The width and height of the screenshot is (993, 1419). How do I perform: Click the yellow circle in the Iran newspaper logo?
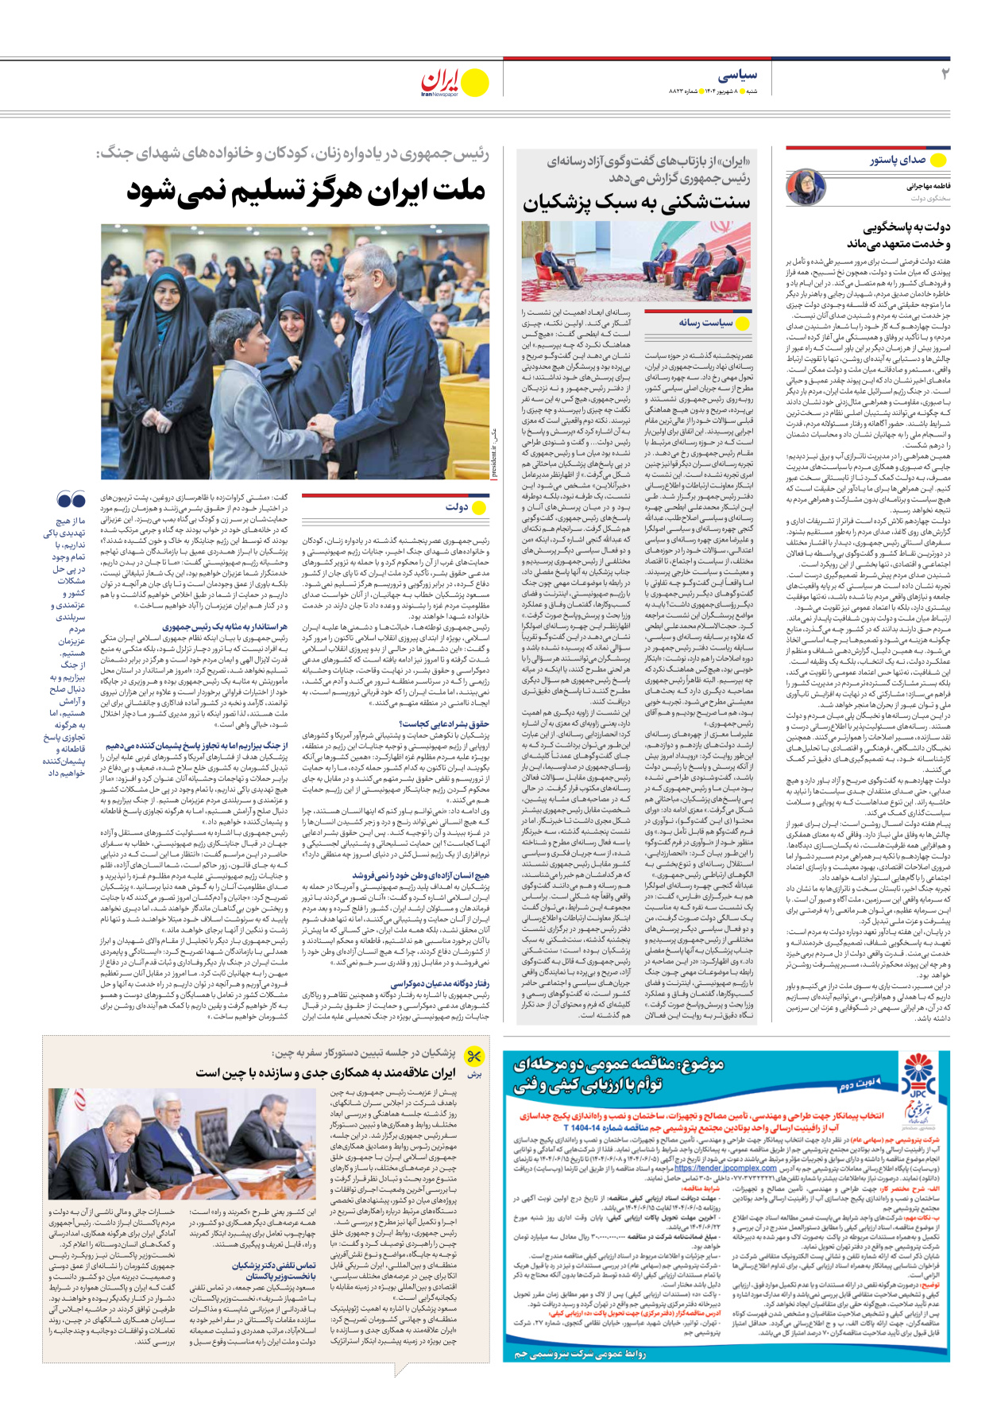click(x=475, y=82)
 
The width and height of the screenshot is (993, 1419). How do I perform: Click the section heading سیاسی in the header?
click(x=738, y=75)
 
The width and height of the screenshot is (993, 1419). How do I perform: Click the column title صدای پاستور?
click(x=897, y=160)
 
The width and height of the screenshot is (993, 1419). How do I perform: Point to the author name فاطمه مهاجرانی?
click(x=929, y=186)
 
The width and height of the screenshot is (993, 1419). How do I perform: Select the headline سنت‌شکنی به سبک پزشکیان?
click(x=636, y=202)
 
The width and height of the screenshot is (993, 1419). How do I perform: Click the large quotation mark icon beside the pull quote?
click(x=71, y=500)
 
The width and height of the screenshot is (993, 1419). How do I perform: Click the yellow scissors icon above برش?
click(x=474, y=1056)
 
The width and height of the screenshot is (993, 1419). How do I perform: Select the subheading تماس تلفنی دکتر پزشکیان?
click(x=274, y=1265)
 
